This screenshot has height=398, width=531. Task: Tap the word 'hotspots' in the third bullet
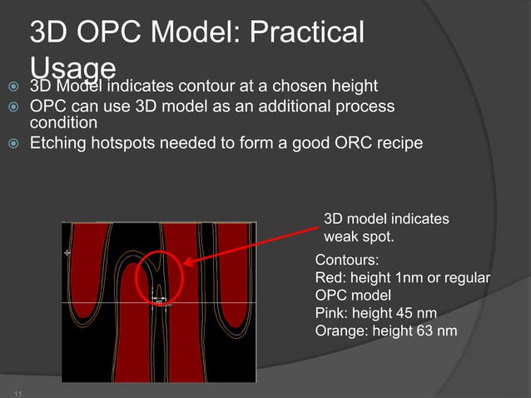132,143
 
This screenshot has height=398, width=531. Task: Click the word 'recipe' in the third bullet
401,143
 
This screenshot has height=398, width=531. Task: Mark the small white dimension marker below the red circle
159,298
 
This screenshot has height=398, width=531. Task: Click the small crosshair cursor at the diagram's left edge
67,251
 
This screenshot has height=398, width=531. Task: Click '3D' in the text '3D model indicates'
333,219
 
